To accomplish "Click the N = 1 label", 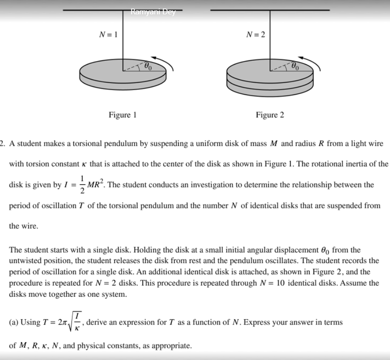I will click(x=108, y=35).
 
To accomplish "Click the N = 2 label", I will click(x=256, y=35).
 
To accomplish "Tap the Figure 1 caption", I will click(x=122, y=115).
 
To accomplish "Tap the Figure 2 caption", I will click(x=270, y=115).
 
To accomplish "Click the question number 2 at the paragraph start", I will click(x=2, y=143).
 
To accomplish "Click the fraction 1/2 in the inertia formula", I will click(x=82, y=185).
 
